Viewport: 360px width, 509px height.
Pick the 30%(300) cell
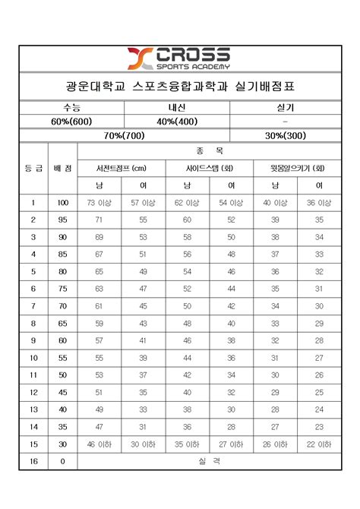284,135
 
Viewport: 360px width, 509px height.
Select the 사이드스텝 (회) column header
209,168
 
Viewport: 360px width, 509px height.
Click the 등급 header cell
33,168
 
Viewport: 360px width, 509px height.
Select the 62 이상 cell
187,203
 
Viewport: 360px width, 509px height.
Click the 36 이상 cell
319,203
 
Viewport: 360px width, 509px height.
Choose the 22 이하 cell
319,444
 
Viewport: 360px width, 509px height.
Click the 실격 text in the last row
209,461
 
